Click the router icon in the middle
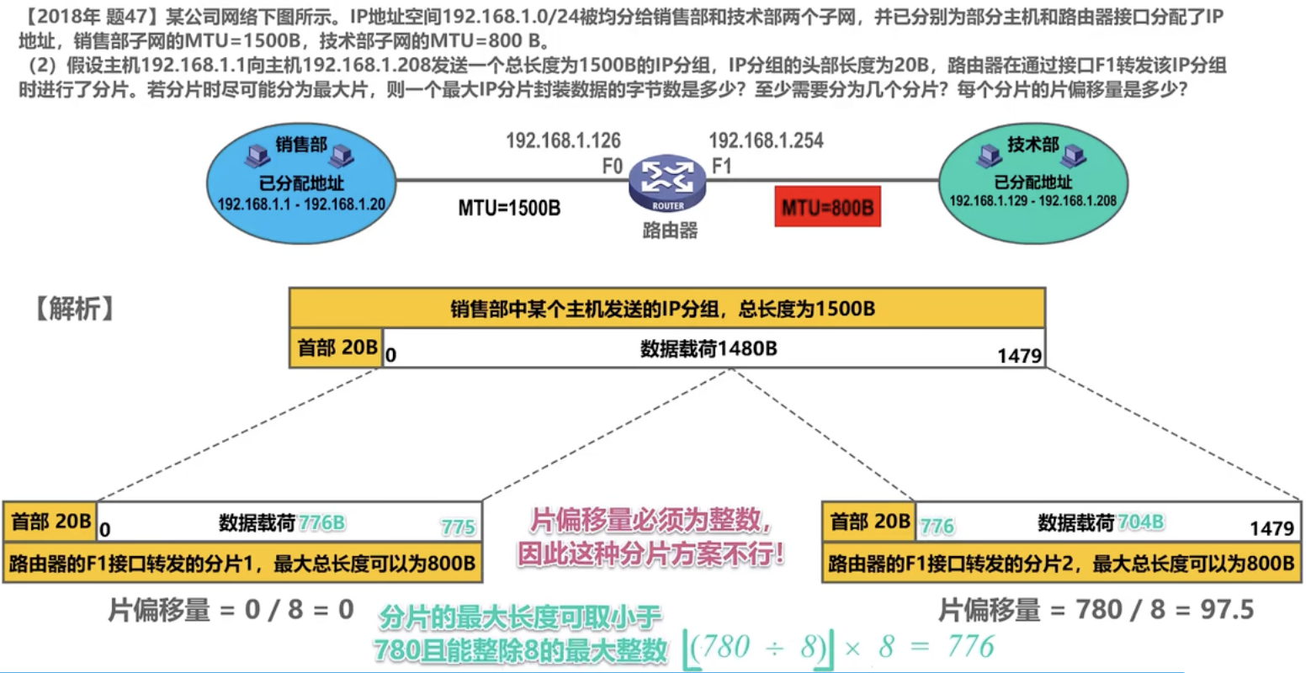click(x=667, y=183)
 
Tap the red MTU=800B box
click(x=827, y=207)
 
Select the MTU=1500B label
click(x=509, y=208)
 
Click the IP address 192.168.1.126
click(x=563, y=140)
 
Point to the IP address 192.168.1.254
click(x=766, y=140)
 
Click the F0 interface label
click(x=613, y=167)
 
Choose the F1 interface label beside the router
click(x=722, y=167)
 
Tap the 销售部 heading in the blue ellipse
click(x=301, y=144)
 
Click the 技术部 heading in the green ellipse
click(x=1033, y=144)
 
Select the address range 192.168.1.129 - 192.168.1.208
click(x=1033, y=201)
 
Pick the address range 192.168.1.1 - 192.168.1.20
click(x=301, y=204)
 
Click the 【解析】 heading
click(x=74, y=309)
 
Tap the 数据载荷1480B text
click(x=709, y=349)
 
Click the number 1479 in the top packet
click(x=1020, y=356)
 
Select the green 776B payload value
click(x=321, y=522)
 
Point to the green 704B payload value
click(x=1140, y=522)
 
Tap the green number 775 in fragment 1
click(x=459, y=527)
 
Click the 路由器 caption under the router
click(x=670, y=231)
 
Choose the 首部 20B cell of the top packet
click(x=337, y=347)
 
